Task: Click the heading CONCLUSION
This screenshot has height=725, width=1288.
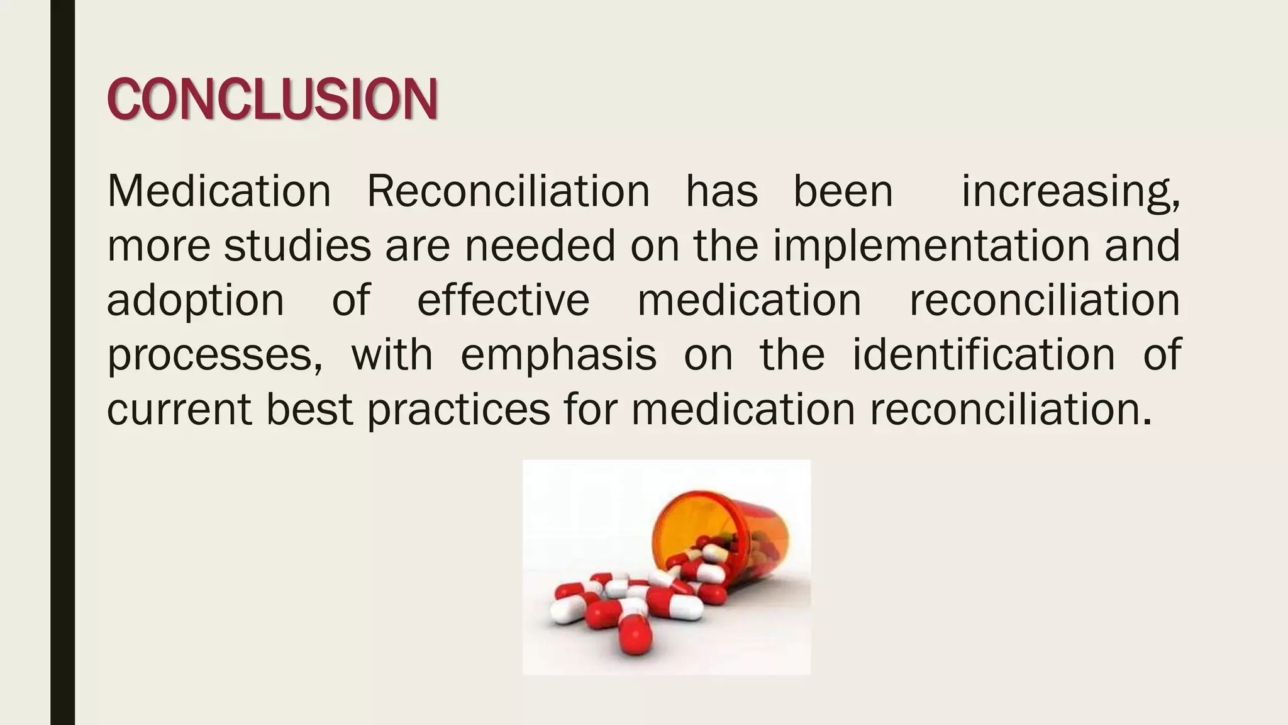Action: click(272, 99)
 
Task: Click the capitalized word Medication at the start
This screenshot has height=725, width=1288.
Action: click(219, 191)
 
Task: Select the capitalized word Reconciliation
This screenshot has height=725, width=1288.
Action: click(508, 191)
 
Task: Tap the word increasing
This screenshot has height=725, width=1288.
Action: click(1070, 192)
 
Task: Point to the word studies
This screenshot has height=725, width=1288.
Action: click(297, 245)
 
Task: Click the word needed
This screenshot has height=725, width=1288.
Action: click(540, 245)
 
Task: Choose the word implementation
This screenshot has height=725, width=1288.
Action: click(931, 245)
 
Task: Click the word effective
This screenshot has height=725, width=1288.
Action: click(503, 300)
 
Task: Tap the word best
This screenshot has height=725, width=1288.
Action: click(309, 409)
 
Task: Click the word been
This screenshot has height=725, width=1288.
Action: click(843, 191)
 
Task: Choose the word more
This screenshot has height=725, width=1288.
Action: click(158, 246)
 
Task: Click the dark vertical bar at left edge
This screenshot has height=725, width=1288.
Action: click(62, 362)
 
